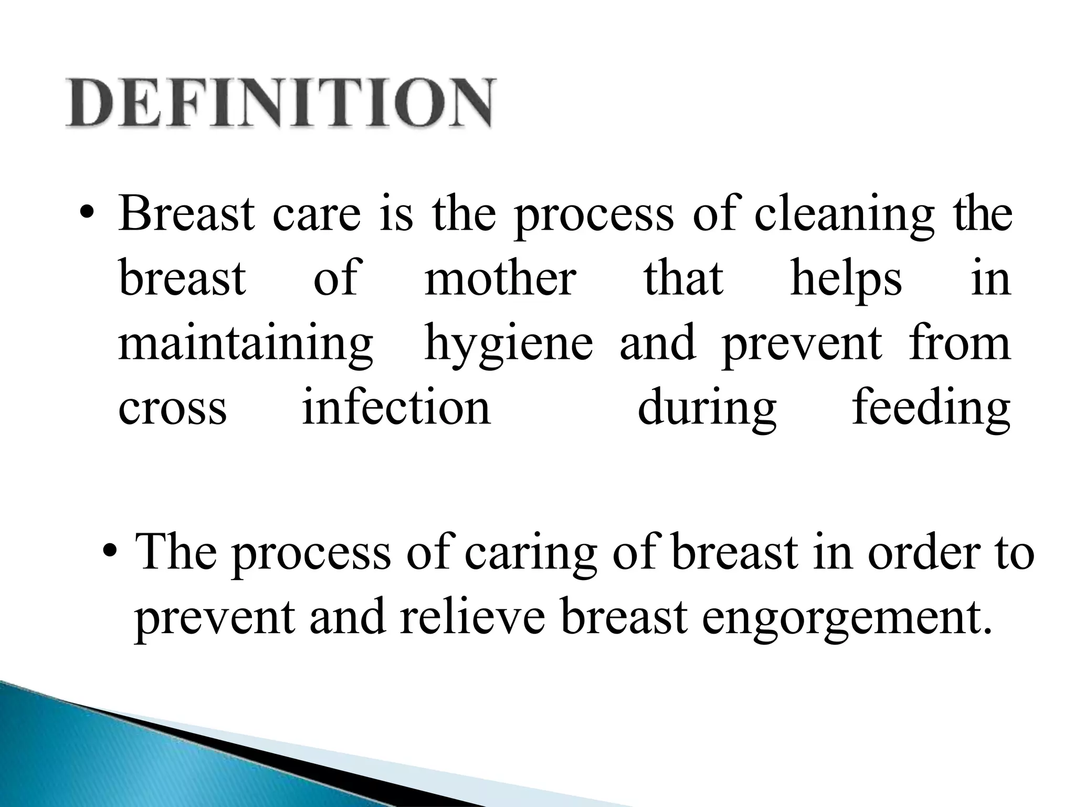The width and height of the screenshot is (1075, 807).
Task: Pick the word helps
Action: [x=846, y=280]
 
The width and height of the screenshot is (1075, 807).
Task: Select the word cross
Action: [x=172, y=408]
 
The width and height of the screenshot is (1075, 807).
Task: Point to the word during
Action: [x=707, y=408]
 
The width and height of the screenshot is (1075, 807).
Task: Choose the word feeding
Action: [x=931, y=408]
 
